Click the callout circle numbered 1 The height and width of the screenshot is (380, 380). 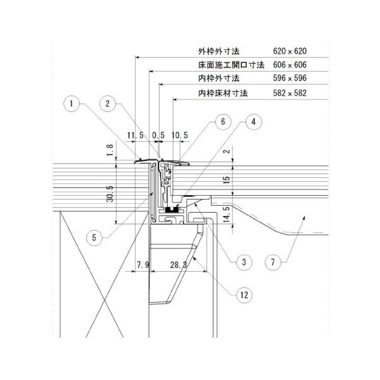click(72, 104)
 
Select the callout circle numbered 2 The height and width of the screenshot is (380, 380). click(108, 104)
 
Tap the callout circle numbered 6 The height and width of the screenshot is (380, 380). click(223, 122)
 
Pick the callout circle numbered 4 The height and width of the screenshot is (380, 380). click(253, 122)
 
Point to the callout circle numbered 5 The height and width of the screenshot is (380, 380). click(94, 237)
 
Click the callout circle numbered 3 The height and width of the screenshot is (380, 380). click(244, 262)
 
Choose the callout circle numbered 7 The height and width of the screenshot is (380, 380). click(273, 262)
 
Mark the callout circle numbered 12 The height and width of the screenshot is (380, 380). click(244, 295)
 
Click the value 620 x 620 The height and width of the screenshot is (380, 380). click(289, 51)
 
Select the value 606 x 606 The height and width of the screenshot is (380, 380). click(289, 65)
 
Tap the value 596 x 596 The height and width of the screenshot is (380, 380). click(289, 78)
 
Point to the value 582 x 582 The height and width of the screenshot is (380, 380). click(289, 93)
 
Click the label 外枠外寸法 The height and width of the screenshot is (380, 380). click(218, 51)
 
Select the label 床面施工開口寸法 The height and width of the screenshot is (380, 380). click(231, 65)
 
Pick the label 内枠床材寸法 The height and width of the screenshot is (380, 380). click(223, 93)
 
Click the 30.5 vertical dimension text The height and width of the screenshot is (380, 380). click(110, 194)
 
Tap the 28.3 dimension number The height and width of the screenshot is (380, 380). click(179, 265)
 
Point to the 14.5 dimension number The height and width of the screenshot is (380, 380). click(227, 215)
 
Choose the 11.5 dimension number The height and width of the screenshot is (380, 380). click(136, 136)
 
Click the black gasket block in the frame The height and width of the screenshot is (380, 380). click(173, 210)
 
